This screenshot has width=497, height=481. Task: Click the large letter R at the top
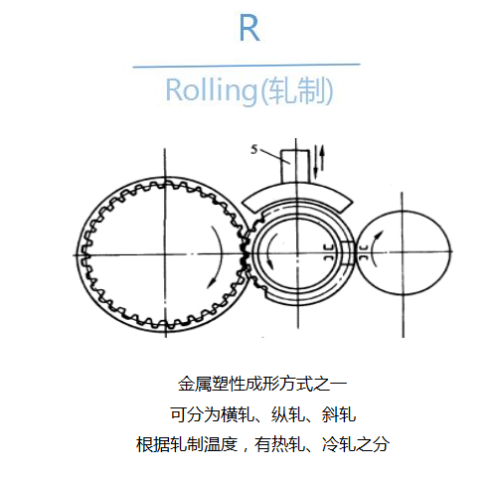pos(249,29)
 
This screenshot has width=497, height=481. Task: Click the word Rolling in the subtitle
pos(211,90)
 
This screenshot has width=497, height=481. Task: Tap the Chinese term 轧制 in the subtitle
pos(295,90)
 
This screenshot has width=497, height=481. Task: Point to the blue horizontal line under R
pos(247,66)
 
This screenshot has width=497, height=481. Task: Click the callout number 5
pos(254,150)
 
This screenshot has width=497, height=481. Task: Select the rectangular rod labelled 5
pos(295,166)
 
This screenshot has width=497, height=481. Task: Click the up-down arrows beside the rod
pos(319,160)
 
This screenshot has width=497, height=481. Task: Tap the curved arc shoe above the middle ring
pos(296,197)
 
